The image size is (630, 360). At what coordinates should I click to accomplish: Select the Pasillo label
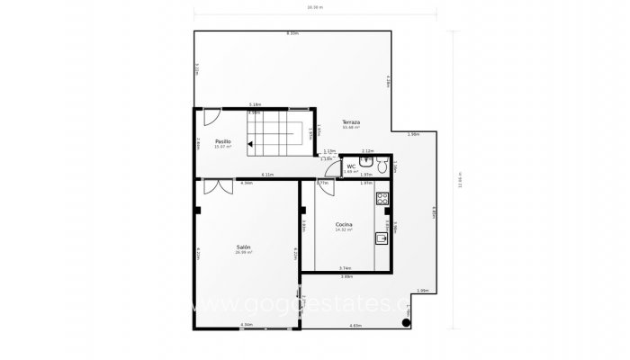pos(222,141)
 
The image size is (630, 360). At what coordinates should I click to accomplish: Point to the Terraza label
pos(351,121)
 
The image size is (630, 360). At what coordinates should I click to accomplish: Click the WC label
pos(352,166)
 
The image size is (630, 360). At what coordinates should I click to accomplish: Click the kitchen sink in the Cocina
pos(382,238)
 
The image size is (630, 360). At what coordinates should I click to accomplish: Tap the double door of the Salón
pos(213,186)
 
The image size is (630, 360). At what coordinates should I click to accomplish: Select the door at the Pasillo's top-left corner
pos(210,117)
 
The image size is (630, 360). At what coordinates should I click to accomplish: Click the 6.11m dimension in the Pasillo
pos(267,174)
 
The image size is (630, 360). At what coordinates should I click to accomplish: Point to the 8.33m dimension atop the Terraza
pos(292,33)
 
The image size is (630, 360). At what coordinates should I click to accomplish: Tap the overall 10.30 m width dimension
pos(314,7)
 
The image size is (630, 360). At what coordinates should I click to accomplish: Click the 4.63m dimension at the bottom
pos(355,325)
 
